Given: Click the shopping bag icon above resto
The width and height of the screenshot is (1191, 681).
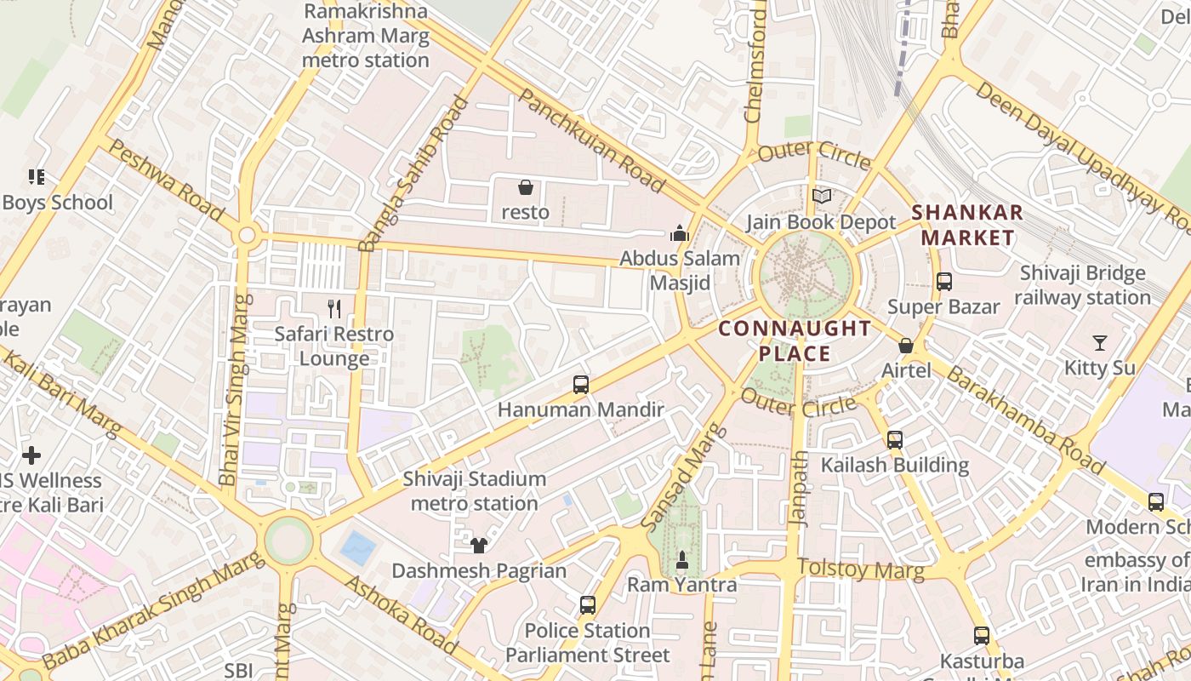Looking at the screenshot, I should (x=526, y=186).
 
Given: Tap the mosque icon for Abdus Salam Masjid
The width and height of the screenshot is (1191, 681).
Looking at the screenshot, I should (x=679, y=232).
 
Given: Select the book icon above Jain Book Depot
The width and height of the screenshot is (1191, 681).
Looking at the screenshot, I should (x=821, y=197).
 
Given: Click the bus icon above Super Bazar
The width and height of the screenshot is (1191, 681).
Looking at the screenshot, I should (x=943, y=282).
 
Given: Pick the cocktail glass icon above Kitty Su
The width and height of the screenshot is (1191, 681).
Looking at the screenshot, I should (x=1100, y=343).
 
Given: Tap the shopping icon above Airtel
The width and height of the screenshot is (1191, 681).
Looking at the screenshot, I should (x=906, y=346).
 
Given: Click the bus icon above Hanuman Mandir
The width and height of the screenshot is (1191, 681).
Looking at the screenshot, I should (x=581, y=385).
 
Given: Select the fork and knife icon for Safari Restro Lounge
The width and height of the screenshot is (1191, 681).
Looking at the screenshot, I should (x=334, y=309).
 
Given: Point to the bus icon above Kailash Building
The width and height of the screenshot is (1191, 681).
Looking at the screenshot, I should (x=895, y=440).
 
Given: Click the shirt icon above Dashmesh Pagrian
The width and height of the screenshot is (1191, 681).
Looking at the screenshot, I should (x=479, y=546).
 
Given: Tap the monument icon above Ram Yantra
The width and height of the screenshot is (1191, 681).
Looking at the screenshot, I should (x=681, y=560).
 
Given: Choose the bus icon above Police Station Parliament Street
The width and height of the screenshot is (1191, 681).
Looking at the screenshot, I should (x=587, y=606).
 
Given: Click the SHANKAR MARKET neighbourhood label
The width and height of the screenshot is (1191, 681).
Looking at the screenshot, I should (x=967, y=225).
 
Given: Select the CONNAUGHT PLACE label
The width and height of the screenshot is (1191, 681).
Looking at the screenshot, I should (x=795, y=340).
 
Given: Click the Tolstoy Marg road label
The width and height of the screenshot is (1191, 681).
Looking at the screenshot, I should (x=861, y=569).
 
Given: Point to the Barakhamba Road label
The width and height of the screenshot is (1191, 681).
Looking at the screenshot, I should (x=1025, y=421).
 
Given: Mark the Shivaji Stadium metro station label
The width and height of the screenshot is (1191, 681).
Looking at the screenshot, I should (x=474, y=491).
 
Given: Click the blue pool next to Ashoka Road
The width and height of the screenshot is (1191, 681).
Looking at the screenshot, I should (x=357, y=548).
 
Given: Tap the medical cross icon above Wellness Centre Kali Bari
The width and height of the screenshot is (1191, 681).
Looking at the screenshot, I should (x=31, y=455).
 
